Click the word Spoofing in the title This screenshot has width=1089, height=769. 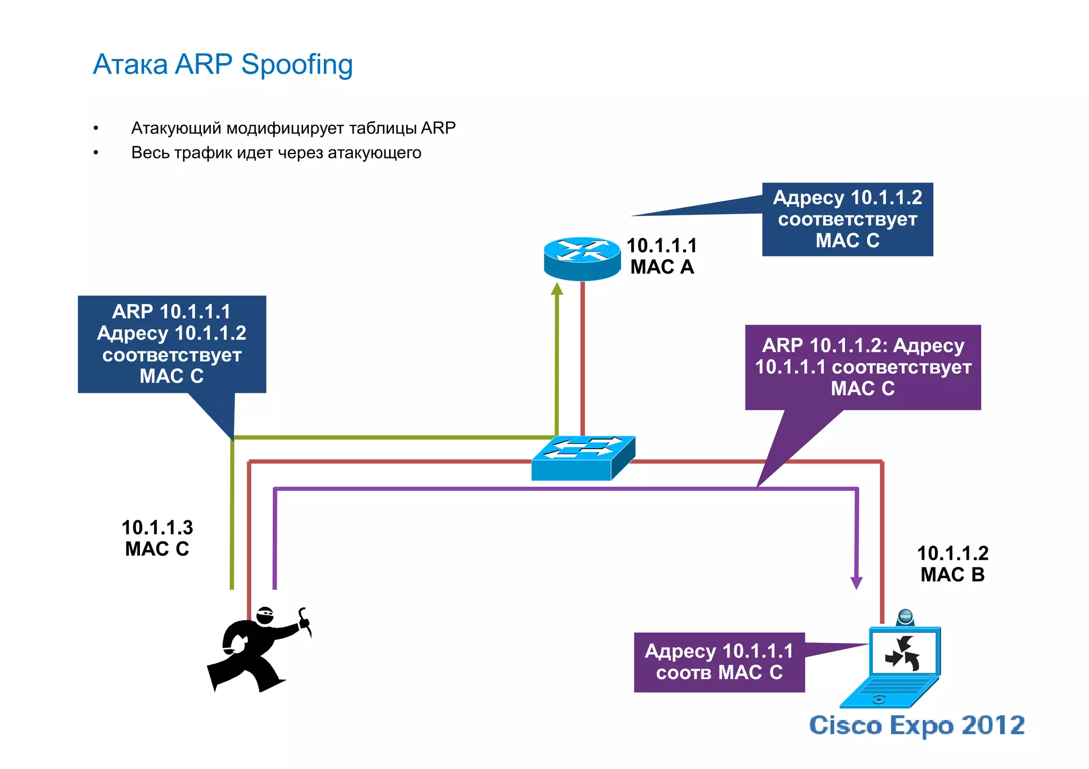(297, 65)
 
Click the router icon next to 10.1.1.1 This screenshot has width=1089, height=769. (582, 258)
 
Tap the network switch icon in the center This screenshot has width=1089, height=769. (583, 458)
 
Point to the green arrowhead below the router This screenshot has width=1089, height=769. (557, 289)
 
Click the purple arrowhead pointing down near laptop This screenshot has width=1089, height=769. (856, 582)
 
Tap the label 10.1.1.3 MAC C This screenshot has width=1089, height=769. (157, 538)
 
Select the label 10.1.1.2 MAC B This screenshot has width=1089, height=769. (952, 564)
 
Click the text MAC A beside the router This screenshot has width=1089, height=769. (662, 267)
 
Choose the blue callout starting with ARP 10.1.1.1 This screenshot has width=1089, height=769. (172, 344)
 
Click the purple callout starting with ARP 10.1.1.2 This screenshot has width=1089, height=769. (862, 367)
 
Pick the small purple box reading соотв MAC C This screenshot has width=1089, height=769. (719, 662)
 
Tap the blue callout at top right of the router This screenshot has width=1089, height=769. (847, 219)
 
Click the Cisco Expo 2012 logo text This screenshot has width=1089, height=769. (917, 725)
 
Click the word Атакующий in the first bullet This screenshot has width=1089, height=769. (176, 128)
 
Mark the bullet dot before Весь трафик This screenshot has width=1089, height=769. (96, 153)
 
